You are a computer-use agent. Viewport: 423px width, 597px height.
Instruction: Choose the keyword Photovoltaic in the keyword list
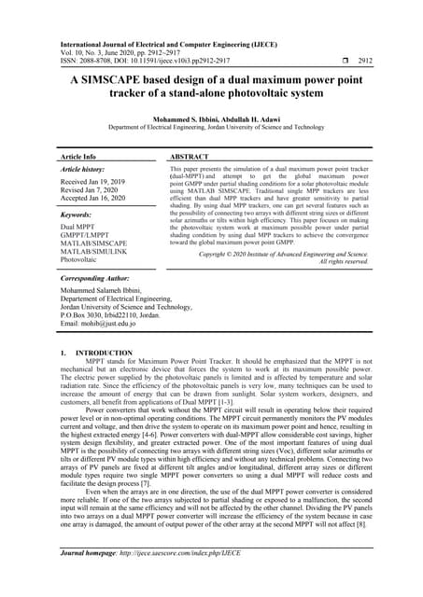pos(81,260)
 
